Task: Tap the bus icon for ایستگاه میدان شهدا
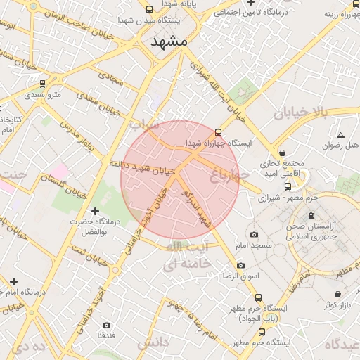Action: pyautogui.click(x=148, y=9)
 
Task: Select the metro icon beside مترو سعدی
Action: pyautogui.click(x=43, y=83)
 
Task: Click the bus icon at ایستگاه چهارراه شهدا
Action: pyautogui.click(x=217, y=131)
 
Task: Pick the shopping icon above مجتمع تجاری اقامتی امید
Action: pyautogui.click(x=283, y=153)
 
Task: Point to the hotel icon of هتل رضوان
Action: pyautogui.click(x=340, y=134)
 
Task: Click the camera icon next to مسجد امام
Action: pyautogui.click(x=254, y=234)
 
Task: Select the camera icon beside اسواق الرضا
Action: pyautogui.click(x=241, y=265)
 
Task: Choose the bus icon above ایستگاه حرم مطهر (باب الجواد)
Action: pyautogui.click(x=259, y=297)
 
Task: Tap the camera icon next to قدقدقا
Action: pyautogui.click(x=106, y=325)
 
